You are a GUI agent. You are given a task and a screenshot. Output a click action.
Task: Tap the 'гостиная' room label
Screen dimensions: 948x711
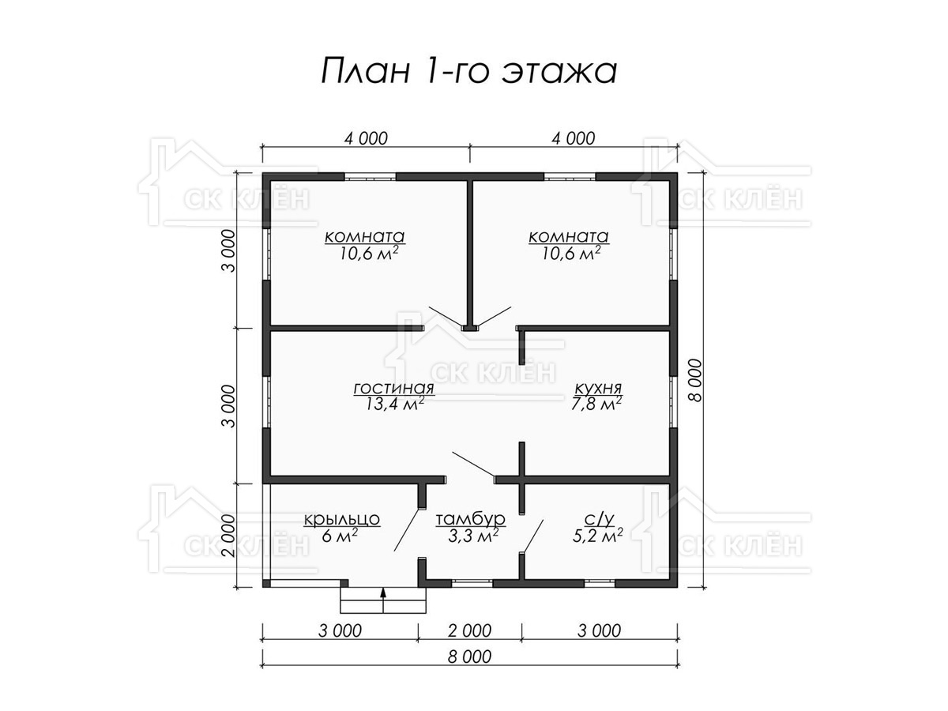pyautogui.click(x=393, y=389)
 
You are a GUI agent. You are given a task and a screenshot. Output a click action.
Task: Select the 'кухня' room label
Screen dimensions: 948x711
pyautogui.click(x=598, y=388)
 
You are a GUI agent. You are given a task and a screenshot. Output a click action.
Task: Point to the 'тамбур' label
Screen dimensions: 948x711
pyautogui.click(x=470, y=519)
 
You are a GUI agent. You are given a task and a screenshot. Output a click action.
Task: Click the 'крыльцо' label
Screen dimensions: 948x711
pyautogui.click(x=341, y=519)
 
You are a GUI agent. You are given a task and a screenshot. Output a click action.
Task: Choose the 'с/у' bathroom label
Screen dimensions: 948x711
pyautogui.click(x=599, y=520)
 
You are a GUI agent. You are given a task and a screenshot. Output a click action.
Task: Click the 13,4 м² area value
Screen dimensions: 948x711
pyautogui.click(x=394, y=404)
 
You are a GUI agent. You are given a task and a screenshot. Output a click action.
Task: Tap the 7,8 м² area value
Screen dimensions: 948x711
pyautogui.click(x=596, y=404)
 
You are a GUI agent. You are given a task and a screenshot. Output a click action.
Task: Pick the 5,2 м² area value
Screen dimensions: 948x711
pyautogui.click(x=597, y=536)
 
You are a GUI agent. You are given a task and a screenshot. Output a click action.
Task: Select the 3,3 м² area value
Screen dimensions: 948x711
pyautogui.click(x=473, y=536)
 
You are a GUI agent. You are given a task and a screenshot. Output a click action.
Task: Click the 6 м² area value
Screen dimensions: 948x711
pyautogui.click(x=340, y=536)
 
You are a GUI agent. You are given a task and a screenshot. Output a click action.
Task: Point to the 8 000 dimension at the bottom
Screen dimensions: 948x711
pyautogui.click(x=469, y=657)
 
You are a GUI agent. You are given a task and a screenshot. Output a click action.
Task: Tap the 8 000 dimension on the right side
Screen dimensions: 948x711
pyautogui.click(x=696, y=380)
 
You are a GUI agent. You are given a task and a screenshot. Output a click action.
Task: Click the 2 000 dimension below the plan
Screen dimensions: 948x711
pyautogui.click(x=469, y=631)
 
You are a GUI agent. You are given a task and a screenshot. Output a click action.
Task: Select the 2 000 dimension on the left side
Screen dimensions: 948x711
pyautogui.click(x=229, y=536)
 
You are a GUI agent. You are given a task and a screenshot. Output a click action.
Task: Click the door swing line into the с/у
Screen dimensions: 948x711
pyautogui.click(x=532, y=536)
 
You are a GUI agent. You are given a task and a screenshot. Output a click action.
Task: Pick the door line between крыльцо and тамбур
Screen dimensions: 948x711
pyautogui.click(x=407, y=530)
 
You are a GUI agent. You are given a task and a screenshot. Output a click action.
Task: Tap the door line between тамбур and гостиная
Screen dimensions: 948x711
pyautogui.click(x=473, y=464)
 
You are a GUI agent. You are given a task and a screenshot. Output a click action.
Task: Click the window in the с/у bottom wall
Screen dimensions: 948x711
pyautogui.click(x=599, y=583)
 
